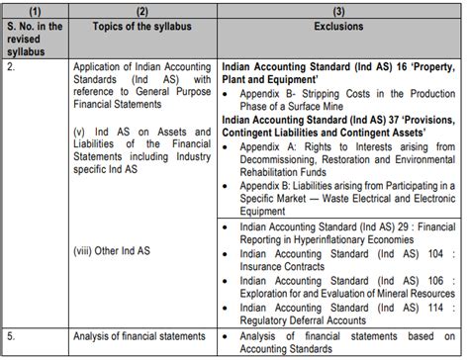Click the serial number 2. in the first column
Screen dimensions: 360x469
[13, 61]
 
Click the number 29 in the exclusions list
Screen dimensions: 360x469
[398, 225]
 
